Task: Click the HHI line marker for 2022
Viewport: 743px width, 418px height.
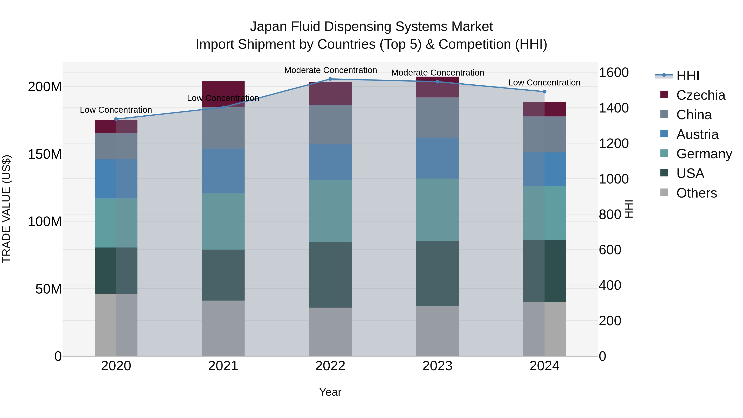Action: click(x=330, y=79)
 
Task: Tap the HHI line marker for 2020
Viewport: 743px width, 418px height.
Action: click(x=116, y=119)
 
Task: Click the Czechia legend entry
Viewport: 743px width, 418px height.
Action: click(x=700, y=95)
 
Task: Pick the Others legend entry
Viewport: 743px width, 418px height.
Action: click(x=696, y=193)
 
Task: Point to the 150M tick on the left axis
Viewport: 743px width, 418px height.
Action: click(x=45, y=154)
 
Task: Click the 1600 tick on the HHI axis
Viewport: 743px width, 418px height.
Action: click(x=614, y=73)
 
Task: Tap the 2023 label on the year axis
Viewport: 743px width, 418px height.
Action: click(x=437, y=366)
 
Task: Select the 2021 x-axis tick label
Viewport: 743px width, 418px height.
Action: click(x=223, y=366)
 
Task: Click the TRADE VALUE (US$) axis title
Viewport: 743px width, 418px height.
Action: click(x=6, y=209)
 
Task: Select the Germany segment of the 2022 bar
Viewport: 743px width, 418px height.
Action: click(x=330, y=211)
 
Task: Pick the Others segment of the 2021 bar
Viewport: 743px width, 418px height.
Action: click(x=223, y=328)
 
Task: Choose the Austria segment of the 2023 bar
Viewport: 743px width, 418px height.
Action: click(x=437, y=158)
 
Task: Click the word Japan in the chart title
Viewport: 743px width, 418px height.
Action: click(x=269, y=27)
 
